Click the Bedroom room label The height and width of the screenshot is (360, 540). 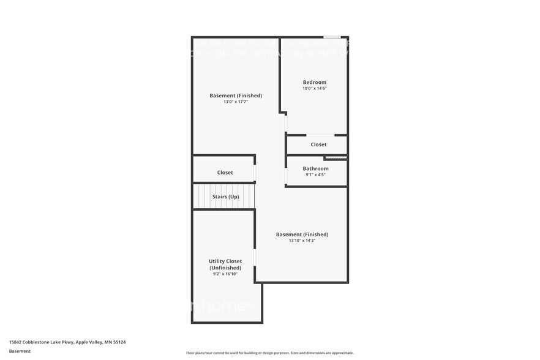314,82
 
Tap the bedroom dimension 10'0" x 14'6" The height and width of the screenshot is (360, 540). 314,89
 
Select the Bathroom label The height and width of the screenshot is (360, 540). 315,168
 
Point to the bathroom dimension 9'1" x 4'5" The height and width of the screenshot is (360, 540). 315,175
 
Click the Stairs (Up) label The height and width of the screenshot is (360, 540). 225,197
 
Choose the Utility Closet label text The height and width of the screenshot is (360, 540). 225,264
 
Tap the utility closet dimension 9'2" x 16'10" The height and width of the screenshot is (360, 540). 225,274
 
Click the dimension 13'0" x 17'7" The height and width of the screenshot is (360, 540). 236,102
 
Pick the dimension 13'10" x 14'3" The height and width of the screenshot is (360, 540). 302,241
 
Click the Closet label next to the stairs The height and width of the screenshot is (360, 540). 225,173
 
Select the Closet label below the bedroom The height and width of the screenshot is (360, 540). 318,144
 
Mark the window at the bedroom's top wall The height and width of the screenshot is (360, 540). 332,37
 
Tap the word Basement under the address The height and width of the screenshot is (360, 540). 20,351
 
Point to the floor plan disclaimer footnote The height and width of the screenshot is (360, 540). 269,353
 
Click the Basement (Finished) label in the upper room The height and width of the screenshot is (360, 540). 236,96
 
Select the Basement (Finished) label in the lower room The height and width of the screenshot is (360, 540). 302,234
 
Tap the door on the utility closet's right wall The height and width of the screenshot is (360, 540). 255,257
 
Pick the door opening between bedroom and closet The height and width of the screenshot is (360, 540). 320,135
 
